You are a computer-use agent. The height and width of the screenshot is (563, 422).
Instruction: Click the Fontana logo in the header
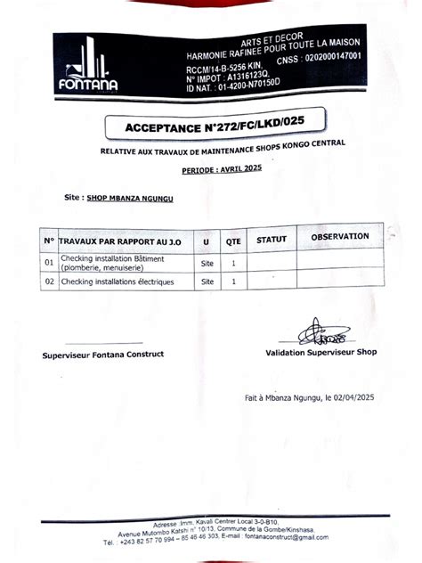tap(87, 68)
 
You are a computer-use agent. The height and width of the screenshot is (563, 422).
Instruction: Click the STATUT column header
tap(271, 240)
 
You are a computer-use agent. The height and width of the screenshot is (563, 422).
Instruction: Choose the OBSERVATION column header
tap(339, 237)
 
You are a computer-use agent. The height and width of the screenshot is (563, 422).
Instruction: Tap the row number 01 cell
tap(49, 263)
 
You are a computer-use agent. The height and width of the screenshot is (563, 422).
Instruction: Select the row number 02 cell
tap(49, 281)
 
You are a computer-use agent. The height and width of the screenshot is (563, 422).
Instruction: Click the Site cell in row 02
tap(207, 281)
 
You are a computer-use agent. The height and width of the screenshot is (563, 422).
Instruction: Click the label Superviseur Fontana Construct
tap(103, 355)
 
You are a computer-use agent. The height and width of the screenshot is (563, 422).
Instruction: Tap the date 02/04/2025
tap(353, 398)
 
